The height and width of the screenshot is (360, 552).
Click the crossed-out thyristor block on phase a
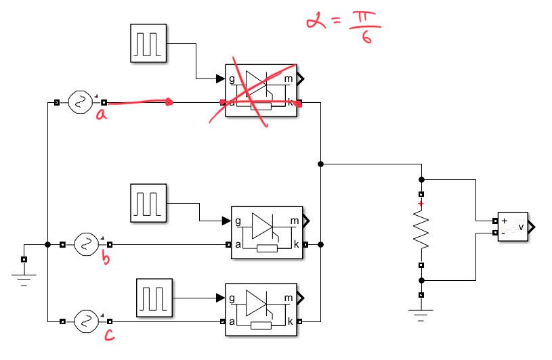click(260, 91)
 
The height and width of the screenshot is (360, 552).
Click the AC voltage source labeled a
click(80, 103)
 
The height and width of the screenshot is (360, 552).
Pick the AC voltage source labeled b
click(86, 244)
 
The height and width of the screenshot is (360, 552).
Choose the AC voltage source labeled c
click(86, 321)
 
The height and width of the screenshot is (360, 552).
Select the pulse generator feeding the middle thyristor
click(147, 202)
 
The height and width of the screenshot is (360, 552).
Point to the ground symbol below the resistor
click(421, 315)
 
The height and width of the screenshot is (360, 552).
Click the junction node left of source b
click(47, 244)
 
